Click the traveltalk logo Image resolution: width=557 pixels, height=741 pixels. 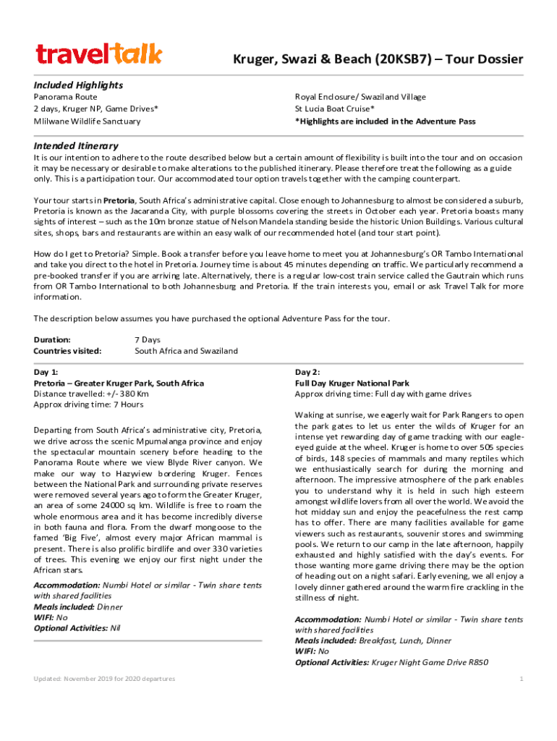99,54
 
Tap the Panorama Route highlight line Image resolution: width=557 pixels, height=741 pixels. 66,96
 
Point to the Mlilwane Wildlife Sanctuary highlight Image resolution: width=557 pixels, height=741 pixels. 87,121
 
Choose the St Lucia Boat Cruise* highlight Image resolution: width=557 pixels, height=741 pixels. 334,109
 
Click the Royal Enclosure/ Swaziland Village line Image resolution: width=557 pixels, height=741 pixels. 360,96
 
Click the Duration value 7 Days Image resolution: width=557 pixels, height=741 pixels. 148,339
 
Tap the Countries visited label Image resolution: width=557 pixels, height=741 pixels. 67,351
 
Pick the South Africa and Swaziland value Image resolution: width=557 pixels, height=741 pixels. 186,351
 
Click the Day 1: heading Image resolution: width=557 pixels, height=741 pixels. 46,371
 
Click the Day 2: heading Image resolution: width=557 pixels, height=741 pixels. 307,371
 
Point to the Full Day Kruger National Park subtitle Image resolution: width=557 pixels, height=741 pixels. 352,383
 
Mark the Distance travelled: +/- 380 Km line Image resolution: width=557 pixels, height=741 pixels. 91,394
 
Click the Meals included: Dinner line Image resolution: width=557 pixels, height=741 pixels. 78,607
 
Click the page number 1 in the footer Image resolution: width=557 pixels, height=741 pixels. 521,679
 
